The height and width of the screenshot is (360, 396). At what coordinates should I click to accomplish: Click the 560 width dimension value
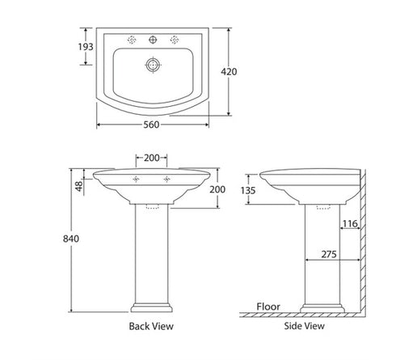[152, 125]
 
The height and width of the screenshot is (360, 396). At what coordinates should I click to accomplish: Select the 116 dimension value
[349, 223]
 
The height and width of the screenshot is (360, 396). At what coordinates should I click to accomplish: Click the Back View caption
[151, 327]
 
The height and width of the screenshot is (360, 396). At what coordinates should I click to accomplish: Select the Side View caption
[305, 327]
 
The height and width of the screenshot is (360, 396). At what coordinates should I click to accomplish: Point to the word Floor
[268, 307]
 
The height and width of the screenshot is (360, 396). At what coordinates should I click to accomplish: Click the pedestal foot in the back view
[152, 308]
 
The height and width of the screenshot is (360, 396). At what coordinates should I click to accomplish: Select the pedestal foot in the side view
[321, 308]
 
